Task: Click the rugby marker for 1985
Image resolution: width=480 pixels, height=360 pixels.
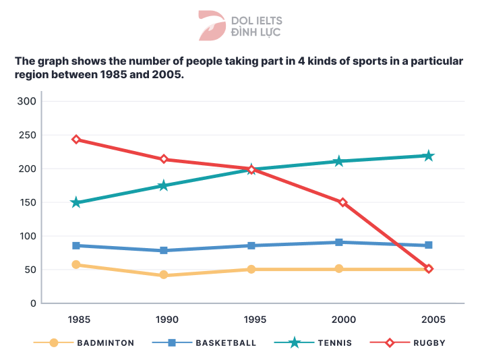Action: pos(76,140)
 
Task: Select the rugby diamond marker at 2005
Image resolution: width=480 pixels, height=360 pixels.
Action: pos(428,269)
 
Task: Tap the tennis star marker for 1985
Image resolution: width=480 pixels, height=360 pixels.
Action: pos(76,202)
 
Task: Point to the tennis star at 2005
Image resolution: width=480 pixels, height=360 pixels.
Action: pos(428,156)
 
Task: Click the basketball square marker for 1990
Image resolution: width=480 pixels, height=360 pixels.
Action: pos(163,251)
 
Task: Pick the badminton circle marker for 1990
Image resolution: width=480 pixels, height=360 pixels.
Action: pos(163,275)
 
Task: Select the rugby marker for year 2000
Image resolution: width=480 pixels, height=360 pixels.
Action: pos(342,202)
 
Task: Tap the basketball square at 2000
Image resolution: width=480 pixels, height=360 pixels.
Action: pos(339,242)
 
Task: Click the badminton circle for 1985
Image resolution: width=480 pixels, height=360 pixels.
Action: pos(76,265)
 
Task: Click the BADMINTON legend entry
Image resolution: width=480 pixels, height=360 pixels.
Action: pos(105,342)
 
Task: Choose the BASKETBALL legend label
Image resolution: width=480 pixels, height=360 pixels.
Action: pos(226,342)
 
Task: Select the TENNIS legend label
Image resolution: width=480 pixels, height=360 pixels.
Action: pos(335,342)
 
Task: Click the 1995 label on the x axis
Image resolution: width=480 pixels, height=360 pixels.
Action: pos(251,318)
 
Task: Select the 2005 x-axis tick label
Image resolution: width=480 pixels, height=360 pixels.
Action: pos(428,318)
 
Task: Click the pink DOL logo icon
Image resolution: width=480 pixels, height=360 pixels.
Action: pos(212,26)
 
